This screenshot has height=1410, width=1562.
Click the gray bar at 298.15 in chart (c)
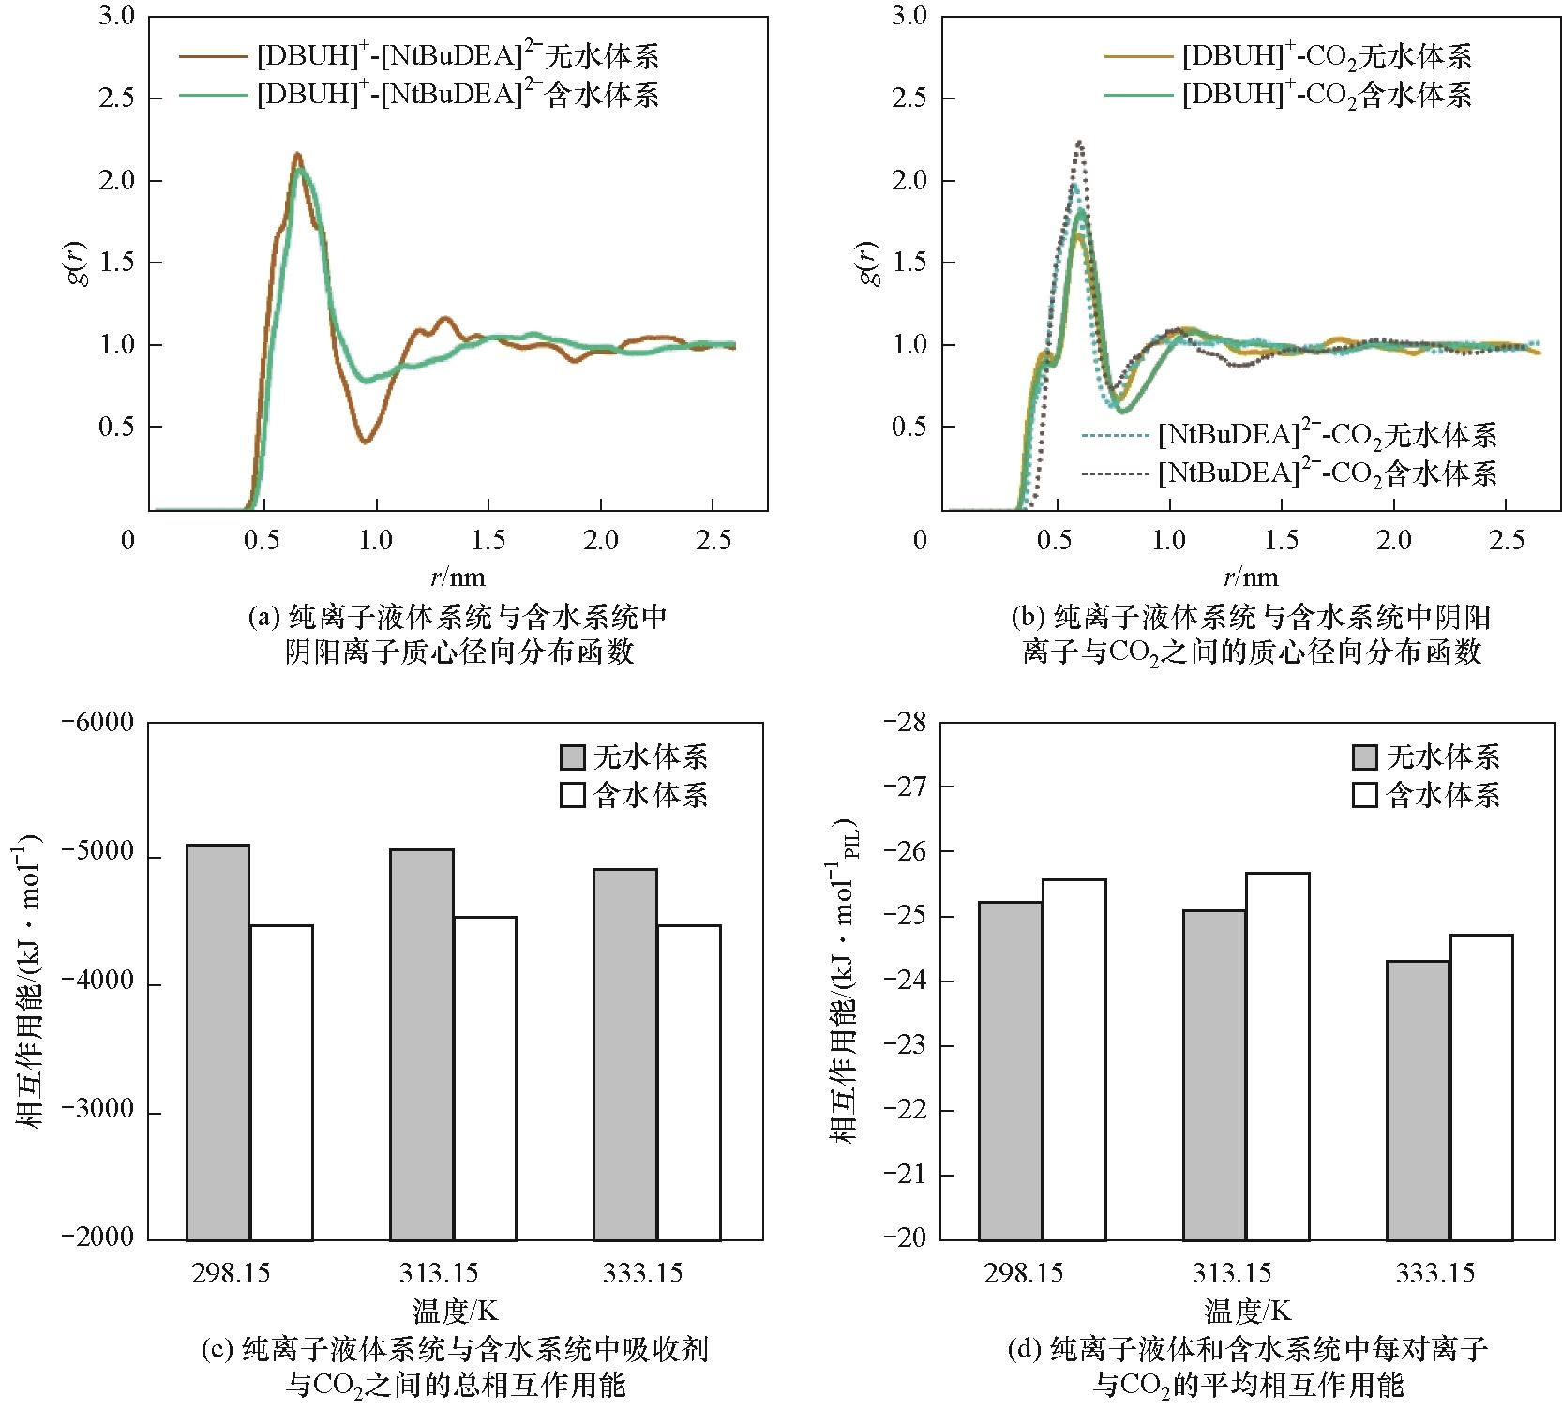pos(218,1042)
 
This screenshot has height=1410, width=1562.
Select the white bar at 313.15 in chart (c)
pos(485,1078)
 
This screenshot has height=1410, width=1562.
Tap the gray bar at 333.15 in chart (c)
pos(625,1054)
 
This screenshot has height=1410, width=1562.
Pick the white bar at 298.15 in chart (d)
pos(1074,1058)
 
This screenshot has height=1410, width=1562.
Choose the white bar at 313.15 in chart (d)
pos(1277,1056)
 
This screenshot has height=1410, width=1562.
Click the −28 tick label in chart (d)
pos(905,724)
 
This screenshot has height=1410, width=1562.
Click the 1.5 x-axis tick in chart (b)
pos(1281,540)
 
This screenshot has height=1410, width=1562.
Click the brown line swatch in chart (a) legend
pos(215,56)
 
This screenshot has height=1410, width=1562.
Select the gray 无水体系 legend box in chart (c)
pos(572,757)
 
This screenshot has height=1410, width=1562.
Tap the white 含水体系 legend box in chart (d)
pos(1364,795)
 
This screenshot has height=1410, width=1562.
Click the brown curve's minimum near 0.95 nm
pos(367,441)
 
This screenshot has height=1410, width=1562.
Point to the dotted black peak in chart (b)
pos(1080,143)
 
